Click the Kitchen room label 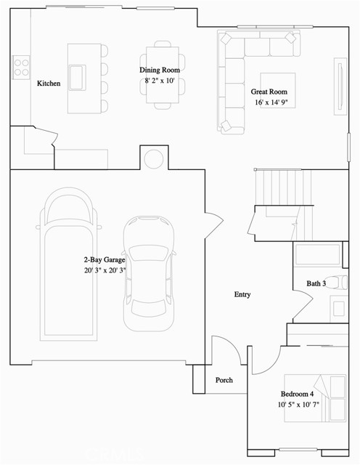click(49, 84)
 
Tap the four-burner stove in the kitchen click(20, 67)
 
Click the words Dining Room click(160, 70)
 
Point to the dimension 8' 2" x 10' click(160, 81)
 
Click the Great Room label click(268, 92)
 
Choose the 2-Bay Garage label click(105, 259)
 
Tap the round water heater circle click(153, 158)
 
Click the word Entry click(242, 294)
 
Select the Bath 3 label click(316, 283)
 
